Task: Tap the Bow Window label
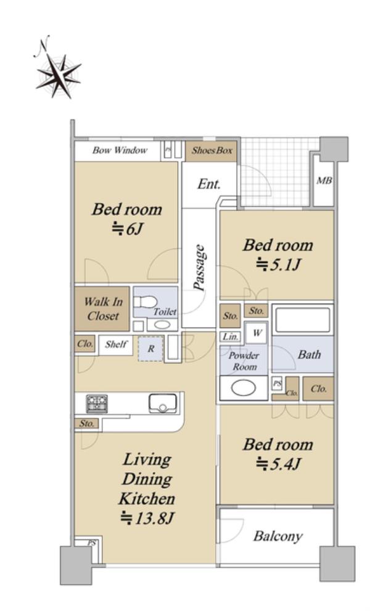coord(120,151)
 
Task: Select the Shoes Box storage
coord(212,151)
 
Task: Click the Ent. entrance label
coord(209,184)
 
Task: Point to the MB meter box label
coord(324,181)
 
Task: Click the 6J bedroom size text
coord(128,229)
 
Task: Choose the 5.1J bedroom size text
coord(278,265)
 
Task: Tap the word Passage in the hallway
coord(199,268)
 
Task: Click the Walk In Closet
coord(102,309)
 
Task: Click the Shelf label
coord(116,344)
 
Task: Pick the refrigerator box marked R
coord(150,349)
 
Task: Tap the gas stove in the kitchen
coord(97,403)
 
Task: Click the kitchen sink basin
coord(163,403)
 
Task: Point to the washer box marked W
coord(257,333)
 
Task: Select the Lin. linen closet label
coord(230,337)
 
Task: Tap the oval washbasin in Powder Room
coord(244,388)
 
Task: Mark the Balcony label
coord(277,536)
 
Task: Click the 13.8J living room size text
coord(146,518)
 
